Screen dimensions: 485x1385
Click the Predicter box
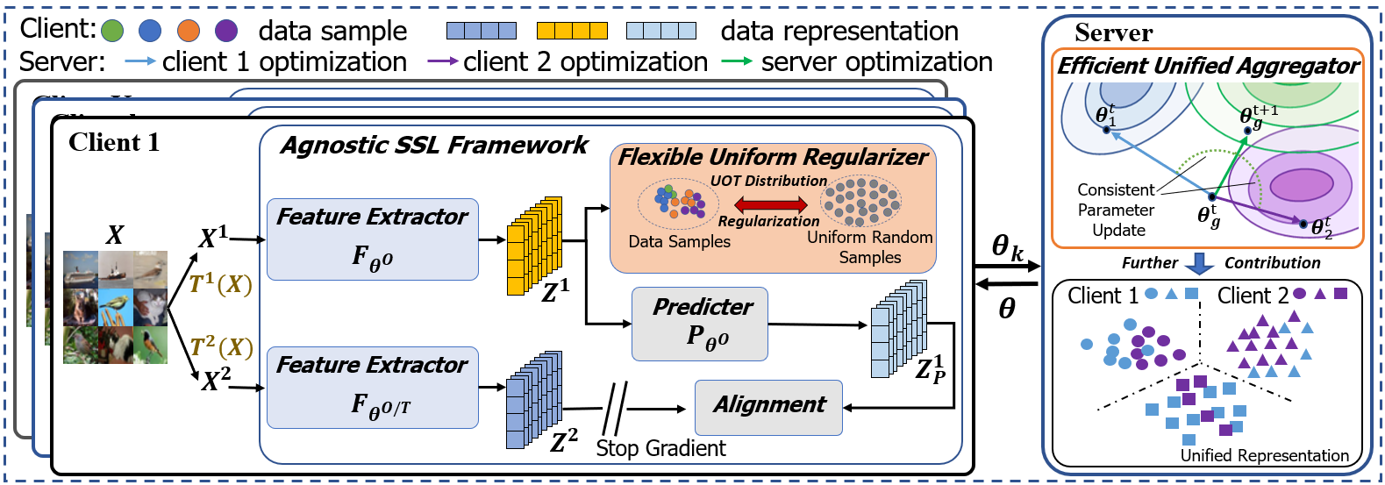click(x=700, y=324)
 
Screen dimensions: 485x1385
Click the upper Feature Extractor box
click(x=372, y=239)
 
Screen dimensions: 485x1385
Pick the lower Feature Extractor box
click(x=372, y=387)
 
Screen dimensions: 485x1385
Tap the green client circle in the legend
click(x=112, y=31)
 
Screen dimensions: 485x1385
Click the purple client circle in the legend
click(x=226, y=31)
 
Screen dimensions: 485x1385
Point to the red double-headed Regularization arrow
click(x=769, y=204)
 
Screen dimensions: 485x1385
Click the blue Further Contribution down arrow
click(x=1199, y=263)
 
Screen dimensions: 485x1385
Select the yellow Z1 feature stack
click(x=533, y=245)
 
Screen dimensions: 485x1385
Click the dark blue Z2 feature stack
click(x=533, y=399)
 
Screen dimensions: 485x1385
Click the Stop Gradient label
click(x=660, y=448)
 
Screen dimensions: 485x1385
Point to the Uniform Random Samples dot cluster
click(x=860, y=201)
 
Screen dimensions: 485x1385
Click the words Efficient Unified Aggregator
click(x=1207, y=66)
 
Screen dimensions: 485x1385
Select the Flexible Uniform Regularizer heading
click(x=772, y=157)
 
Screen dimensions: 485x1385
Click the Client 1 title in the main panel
click(x=114, y=142)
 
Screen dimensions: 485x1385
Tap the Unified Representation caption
click(x=1264, y=455)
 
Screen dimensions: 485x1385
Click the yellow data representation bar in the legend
click(x=572, y=31)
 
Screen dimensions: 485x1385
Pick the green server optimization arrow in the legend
click(x=737, y=61)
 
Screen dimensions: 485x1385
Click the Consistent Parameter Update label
click(x=1116, y=210)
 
